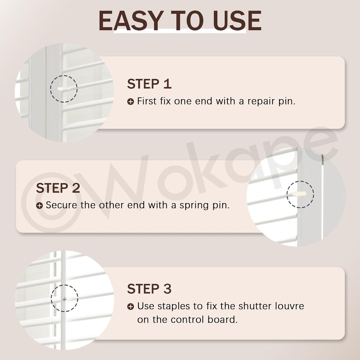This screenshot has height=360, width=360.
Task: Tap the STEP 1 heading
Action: pyautogui.click(x=149, y=84)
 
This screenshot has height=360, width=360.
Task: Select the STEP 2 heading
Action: pyautogui.click(x=58, y=188)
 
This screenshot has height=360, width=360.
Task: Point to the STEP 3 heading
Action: pyautogui.click(x=149, y=289)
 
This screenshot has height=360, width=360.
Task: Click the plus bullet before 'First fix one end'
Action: pyautogui.click(x=130, y=102)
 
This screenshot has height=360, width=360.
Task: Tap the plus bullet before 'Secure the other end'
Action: pyautogui.click(x=39, y=206)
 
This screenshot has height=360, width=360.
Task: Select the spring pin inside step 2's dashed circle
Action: pyautogui.click(x=299, y=194)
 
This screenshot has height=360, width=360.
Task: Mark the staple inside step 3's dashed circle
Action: pyautogui.click(x=64, y=299)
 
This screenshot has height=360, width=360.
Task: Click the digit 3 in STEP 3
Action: pyautogui.click(x=167, y=289)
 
